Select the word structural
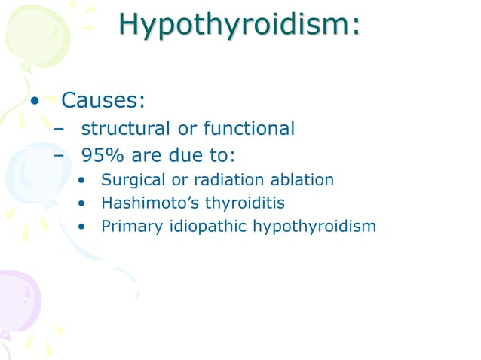coord(130,129)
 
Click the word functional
coord(247,129)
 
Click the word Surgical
coord(130,181)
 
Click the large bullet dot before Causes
coord(34,101)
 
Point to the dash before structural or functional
coord(60,130)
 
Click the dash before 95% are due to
coord(60,157)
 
